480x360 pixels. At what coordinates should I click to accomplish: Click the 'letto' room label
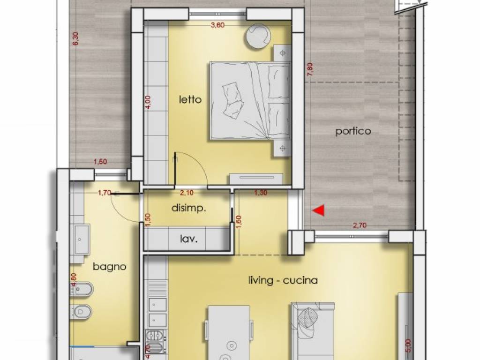click(190, 99)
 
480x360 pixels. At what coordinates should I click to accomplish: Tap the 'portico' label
click(353, 131)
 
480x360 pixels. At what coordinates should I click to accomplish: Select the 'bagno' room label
click(109, 267)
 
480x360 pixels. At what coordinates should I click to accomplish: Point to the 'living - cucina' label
click(283, 280)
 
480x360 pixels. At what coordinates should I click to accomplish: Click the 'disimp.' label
click(189, 208)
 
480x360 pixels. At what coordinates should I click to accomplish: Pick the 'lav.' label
click(189, 239)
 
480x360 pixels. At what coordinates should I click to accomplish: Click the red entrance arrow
click(319, 211)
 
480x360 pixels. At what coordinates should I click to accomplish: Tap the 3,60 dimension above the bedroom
click(217, 26)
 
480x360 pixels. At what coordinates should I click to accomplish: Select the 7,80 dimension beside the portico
click(309, 69)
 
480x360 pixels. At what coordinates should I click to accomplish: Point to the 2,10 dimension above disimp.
click(187, 192)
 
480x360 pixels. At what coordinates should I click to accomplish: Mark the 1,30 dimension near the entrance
click(261, 192)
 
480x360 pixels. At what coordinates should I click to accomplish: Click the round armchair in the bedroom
click(258, 35)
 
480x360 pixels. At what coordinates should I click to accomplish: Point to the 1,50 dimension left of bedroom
click(100, 162)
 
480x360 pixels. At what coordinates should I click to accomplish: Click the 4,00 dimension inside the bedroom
click(148, 102)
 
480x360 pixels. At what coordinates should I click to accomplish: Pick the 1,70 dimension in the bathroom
click(104, 192)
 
